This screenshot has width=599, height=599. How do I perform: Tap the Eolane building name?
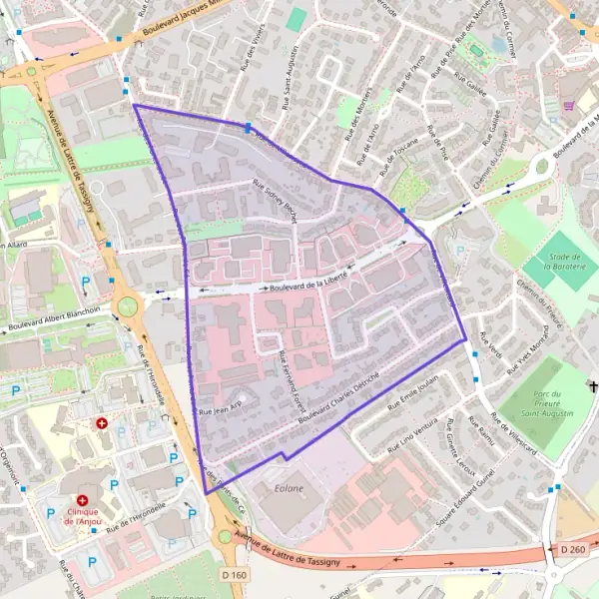pyautogui.click(x=289, y=489)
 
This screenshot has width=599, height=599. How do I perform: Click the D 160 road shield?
pyautogui.click(x=235, y=575)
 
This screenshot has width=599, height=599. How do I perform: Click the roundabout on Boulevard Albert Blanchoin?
pyautogui.click(x=127, y=304)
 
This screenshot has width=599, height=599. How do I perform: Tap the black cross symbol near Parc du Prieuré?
pyautogui.click(x=593, y=385)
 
